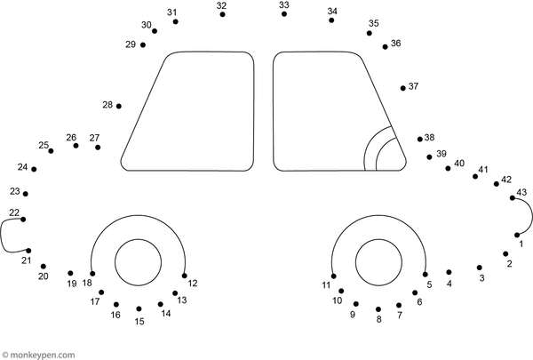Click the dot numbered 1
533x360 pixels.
(517, 235)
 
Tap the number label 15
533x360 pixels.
(139, 322)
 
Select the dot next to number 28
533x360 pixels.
(119, 106)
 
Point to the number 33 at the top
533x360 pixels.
(283, 5)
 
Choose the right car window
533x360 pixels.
(324, 107)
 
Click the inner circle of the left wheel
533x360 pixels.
(138, 261)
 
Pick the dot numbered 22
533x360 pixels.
(23, 220)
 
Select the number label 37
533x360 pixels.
(413, 86)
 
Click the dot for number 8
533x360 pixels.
(378, 309)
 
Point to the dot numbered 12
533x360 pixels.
(184, 275)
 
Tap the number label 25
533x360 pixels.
(44, 145)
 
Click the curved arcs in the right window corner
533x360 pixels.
(382, 149)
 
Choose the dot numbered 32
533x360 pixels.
(222, 15)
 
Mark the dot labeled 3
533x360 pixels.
(480, 267)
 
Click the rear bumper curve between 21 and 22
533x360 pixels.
(4, 236)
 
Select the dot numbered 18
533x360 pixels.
(91, 275)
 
